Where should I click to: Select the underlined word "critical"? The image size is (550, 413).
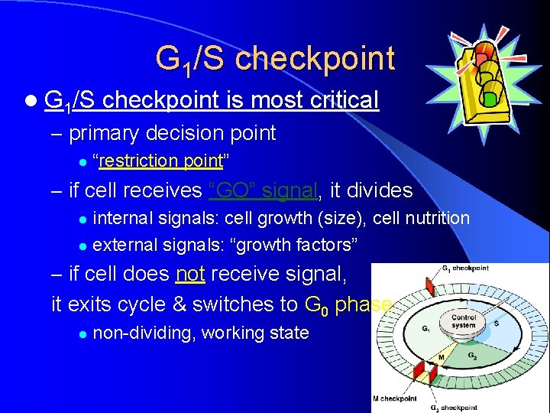[338, 99]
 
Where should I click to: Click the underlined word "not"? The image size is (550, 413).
[190, 274]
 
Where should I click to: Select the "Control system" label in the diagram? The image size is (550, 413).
[463, 321]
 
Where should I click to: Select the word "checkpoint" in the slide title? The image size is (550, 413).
[315, 59]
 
